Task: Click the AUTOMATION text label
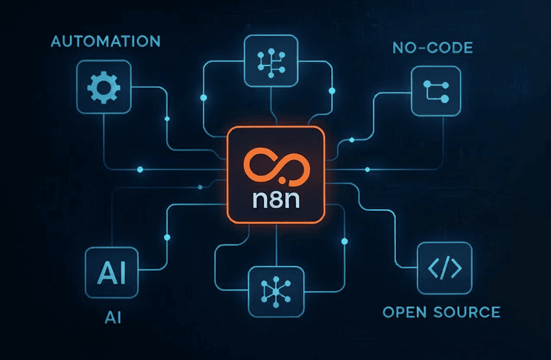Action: (x=105, y=41)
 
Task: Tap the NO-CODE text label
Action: (x=433, y=48)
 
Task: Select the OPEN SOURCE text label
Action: (x=442, y=312)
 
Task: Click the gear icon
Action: (x=104, y=88)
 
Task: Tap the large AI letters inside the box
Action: (x=112, y=272)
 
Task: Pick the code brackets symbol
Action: (x=445, y=268)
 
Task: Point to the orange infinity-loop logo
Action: (x=277, y=165)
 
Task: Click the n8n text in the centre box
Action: (x=276, y=200)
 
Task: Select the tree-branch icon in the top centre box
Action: (x=271, y=63)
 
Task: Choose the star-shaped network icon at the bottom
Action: (x=276, y=292)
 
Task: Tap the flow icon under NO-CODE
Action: (x=436, y=92)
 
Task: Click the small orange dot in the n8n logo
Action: (x=282, y=180)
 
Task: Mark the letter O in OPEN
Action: (x=388, y=312)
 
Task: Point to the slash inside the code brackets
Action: (x=445, y=268)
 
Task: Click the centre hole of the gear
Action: (x=104, y=88)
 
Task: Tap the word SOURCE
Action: (x=467, y=312)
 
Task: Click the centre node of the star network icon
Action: (x=276, y=292)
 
